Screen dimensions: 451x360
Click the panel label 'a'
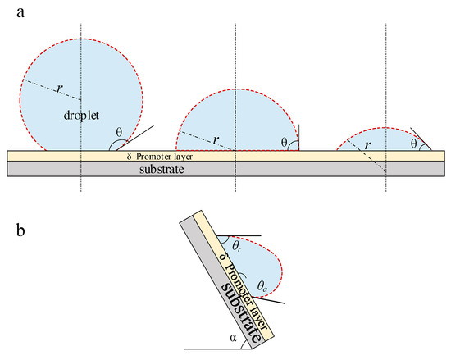click(20, 13)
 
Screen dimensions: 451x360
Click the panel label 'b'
click(20, 230)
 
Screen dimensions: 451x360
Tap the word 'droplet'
click(81, 116)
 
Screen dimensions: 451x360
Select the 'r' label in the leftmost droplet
click(60, 89)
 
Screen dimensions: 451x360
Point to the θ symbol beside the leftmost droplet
click(119, 132)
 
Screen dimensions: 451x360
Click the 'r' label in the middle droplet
click(216, 140)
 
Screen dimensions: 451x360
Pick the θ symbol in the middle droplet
click(285, 142)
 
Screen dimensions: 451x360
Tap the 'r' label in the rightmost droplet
click(367, 145)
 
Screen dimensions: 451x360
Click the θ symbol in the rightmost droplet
click(413, 144)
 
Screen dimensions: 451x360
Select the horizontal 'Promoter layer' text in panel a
click(164, 157)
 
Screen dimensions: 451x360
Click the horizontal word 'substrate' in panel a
click(162, 169)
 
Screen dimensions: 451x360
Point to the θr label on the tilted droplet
click(236, 247)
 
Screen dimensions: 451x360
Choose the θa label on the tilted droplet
click(262, 286)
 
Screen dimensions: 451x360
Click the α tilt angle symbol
click(233, 338)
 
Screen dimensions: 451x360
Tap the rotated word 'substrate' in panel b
click(242, 312)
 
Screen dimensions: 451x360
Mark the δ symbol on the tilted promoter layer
click(222, 257)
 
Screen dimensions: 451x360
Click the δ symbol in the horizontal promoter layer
click(129, 157)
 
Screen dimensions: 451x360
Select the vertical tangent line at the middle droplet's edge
click(298, 137)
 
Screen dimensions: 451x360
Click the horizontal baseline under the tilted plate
click(218, 349)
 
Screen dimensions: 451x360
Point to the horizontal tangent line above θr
click(239, 236)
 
